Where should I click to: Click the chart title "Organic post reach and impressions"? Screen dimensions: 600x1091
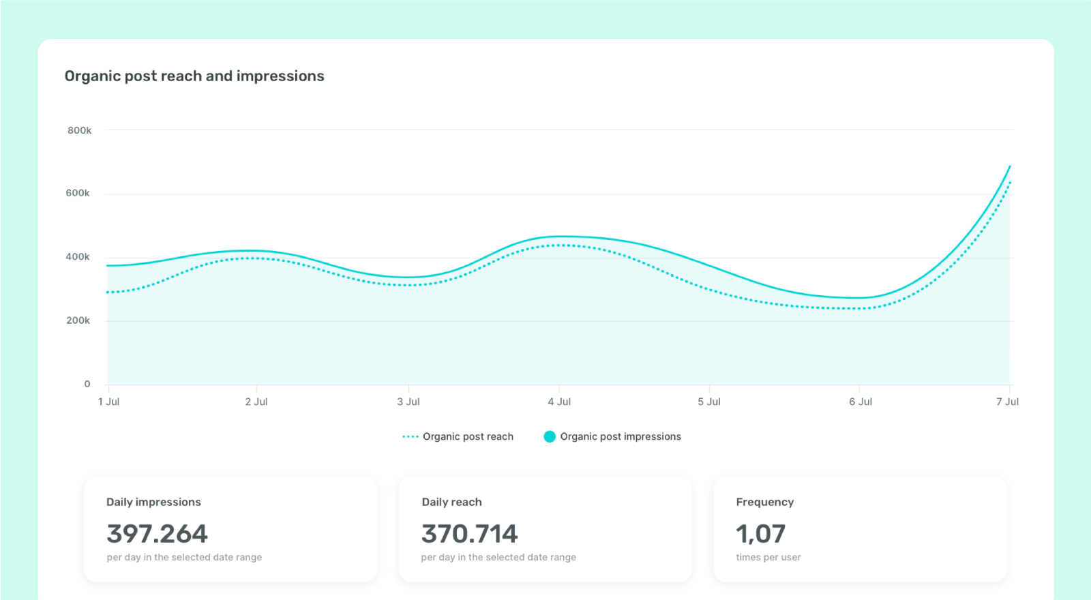[194, 76]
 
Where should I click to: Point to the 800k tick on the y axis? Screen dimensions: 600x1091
[79, 130]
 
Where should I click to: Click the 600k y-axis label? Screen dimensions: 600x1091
[78, 193]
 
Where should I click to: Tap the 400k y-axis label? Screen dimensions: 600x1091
[78, 257]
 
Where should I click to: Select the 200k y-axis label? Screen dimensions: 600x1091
[78, 320]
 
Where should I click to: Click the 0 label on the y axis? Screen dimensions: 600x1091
[87, 384]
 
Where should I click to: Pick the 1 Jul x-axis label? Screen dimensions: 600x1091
[109, 402]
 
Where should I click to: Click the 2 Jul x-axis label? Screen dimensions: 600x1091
[256, 402]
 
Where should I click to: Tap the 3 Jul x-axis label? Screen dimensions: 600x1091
[408, 402]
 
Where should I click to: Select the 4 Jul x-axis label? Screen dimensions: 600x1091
[559, 402]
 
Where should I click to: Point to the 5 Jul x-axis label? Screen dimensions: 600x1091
[709, 402]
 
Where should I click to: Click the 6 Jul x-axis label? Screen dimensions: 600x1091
[861, 402]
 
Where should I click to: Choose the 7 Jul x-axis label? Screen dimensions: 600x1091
[1007, 402]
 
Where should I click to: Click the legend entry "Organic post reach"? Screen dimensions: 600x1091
[468, 436]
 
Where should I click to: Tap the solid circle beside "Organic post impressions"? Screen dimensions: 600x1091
[550, 436]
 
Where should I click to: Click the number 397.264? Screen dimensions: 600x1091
[158, 534]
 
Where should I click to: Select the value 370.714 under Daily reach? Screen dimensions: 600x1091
[470, 534]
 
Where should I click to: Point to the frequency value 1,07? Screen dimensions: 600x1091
[761, 534]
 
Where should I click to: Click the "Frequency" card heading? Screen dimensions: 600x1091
[765, 502]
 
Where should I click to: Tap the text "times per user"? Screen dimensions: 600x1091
[768, 557]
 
